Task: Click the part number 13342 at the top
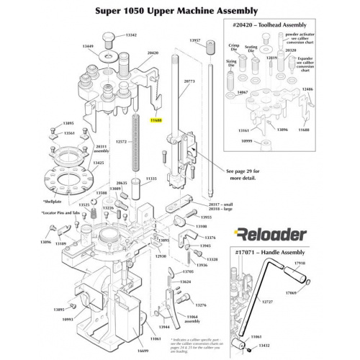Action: pos(130,35)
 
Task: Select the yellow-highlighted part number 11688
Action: pos(155,122)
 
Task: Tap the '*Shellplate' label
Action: pos(54,202)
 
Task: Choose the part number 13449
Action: pos(87,45)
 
